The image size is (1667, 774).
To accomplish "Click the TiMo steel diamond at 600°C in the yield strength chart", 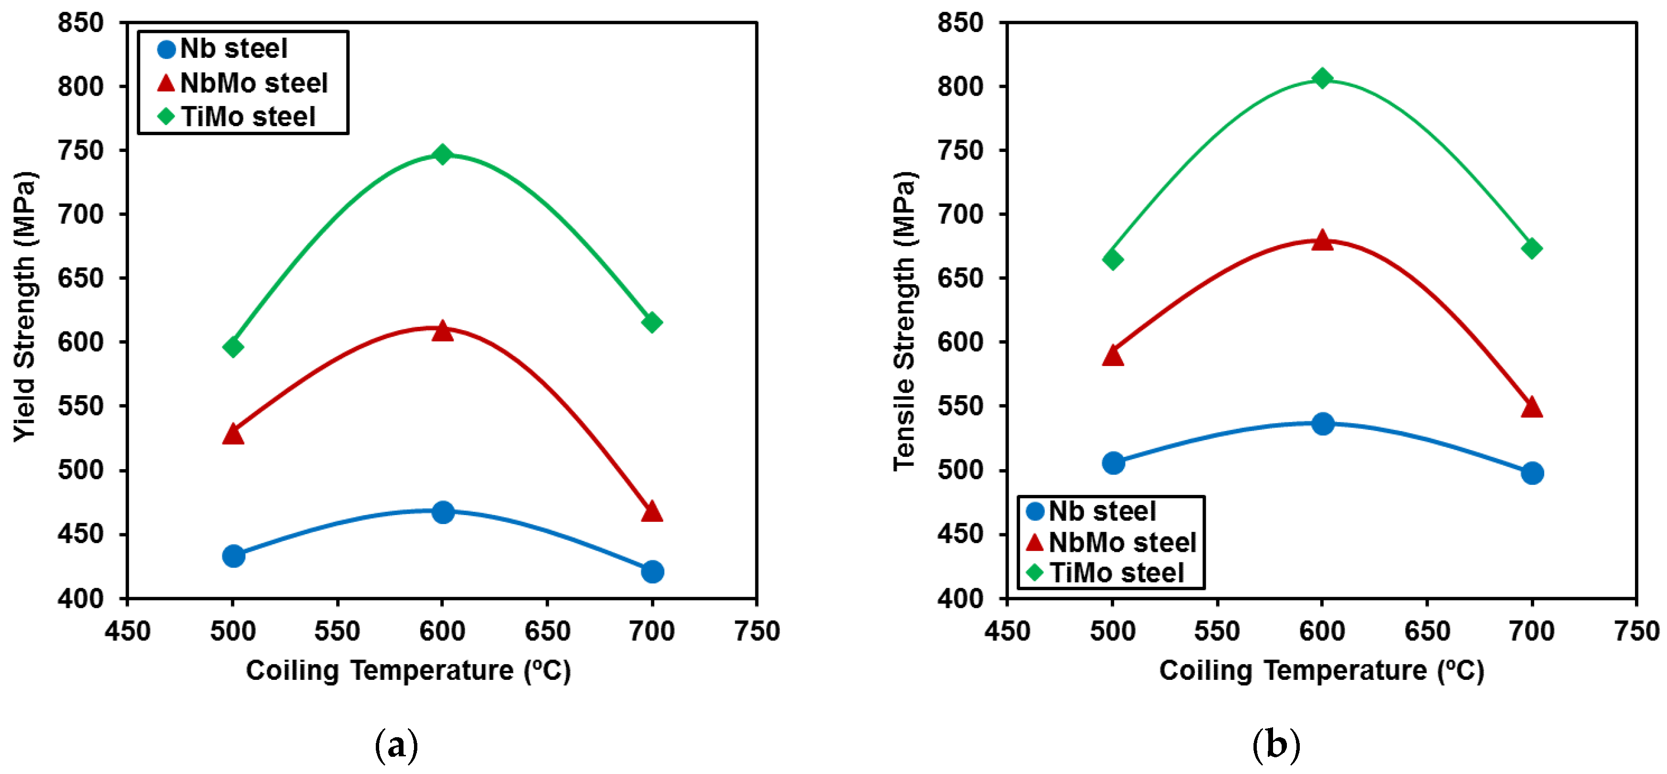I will [x=442, y=154].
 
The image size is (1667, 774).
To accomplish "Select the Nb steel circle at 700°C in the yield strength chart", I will [x=652, y=571].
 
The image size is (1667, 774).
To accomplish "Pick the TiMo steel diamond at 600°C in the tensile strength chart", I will [x=1322, y=78].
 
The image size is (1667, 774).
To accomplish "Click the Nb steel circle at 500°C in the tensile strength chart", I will [x=1113, y=462].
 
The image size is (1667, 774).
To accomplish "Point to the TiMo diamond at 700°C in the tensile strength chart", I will [x=1532, y=249].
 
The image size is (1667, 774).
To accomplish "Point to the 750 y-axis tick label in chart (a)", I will [x=81, y=150].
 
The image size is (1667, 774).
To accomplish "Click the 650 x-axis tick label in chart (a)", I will [x=548, y=631].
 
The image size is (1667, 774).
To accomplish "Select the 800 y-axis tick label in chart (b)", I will [x=960, y=86].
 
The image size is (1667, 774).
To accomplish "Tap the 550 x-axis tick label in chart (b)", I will [x=1217, y=631].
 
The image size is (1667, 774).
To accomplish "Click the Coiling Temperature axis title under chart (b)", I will [x=1321, y=670].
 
